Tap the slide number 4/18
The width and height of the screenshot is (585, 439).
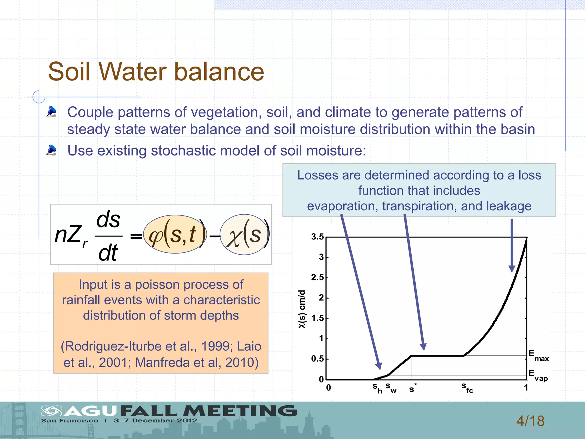click(x=530, y=421)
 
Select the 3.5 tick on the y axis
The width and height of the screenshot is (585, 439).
click(x=317, y=237)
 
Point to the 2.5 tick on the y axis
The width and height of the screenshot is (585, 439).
click(x=317, y=278)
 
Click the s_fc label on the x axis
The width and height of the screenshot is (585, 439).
click(x=467, y=388)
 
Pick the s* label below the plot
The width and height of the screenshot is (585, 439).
click(x=413, y=388)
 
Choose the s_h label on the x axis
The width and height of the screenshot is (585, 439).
click(x=377, y=388)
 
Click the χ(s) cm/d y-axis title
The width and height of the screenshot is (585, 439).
click(x=302, y=309)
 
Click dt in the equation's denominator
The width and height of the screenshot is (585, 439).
click(x=108, y=253)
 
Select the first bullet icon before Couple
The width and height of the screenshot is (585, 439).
click(x=51, y=111)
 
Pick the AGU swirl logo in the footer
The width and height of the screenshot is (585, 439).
click(x=51, y=411)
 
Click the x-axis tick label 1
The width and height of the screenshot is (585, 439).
click(x=526, y=388)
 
